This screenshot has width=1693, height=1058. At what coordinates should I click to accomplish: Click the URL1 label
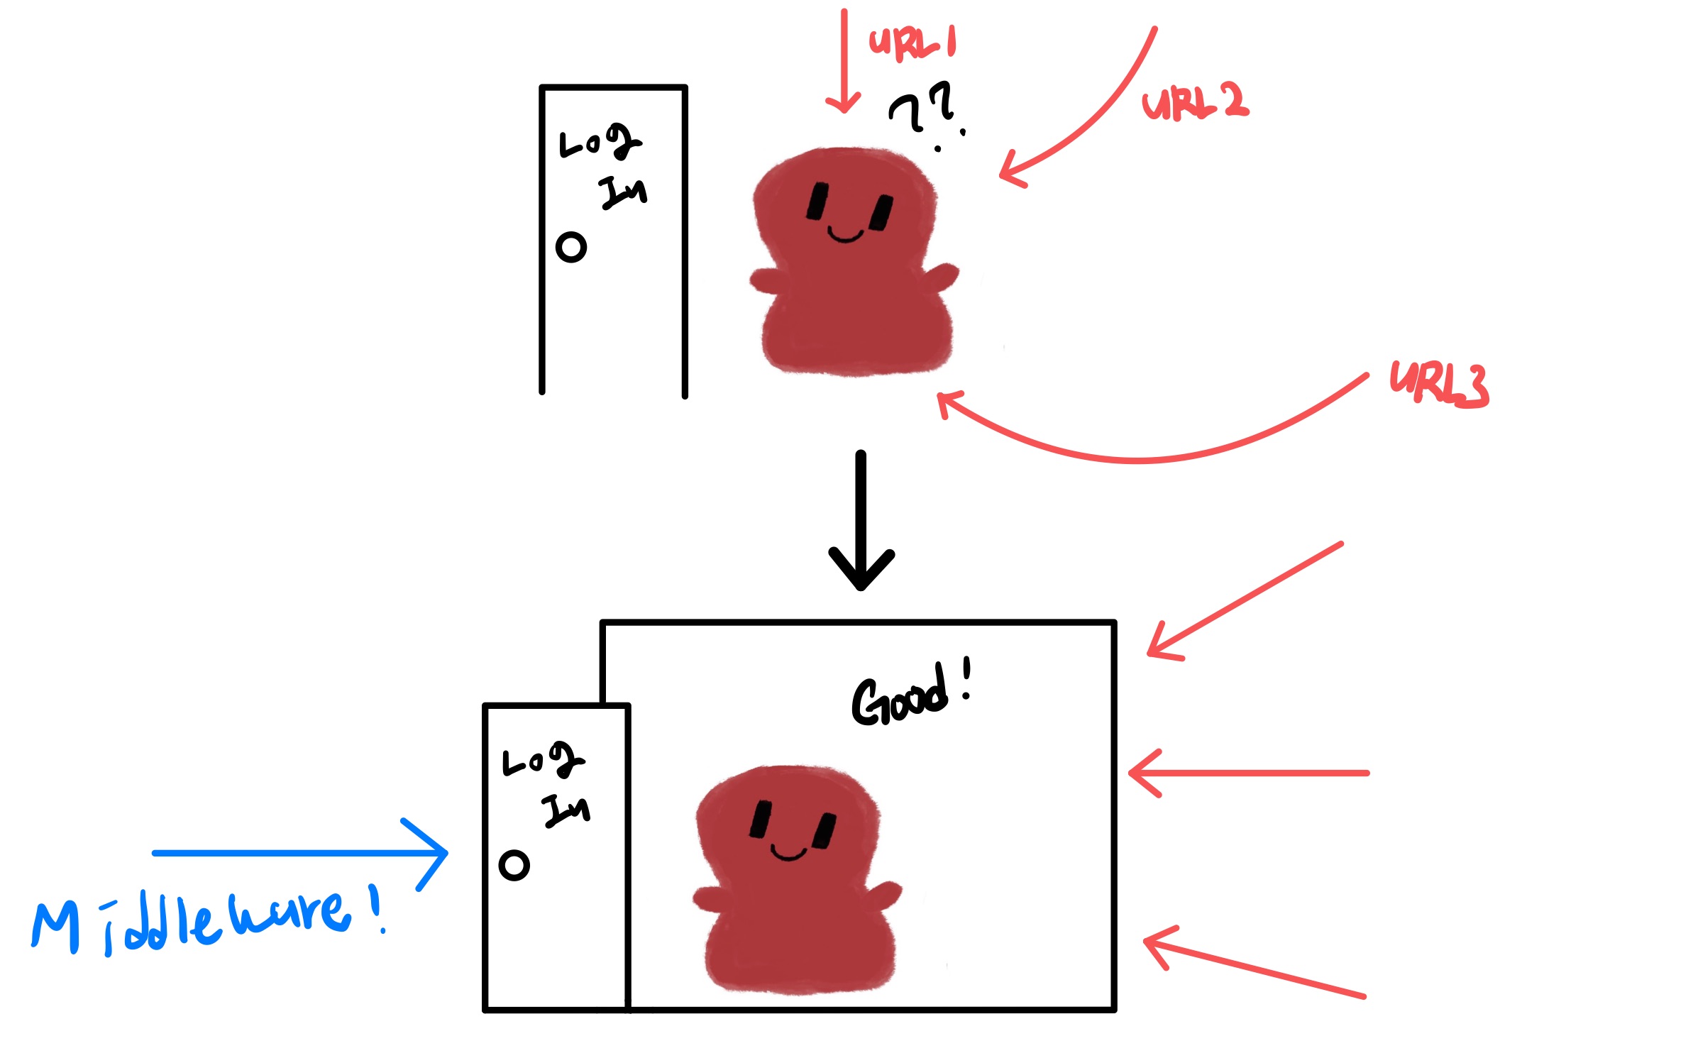[x=912, y=43]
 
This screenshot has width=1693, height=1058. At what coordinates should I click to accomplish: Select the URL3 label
[x=1439, y=385]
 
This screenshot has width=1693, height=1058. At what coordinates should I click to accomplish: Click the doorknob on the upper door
[x=571, y=248]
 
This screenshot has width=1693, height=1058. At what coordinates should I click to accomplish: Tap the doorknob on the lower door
[x=514, y=865]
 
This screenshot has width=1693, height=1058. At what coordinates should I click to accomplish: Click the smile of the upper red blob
[x=845, y=236]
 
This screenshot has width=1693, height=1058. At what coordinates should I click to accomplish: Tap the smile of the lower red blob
[x=788, y=854]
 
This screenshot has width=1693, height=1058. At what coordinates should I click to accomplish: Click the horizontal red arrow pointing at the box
[x=1249, y=773]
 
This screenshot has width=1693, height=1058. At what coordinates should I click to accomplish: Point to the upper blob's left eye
[x=817, y=201]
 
